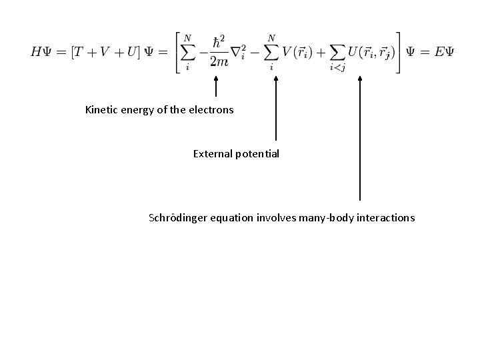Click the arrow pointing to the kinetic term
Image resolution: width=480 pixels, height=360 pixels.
tap(215, 87)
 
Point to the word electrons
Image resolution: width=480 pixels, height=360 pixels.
tap(213, 109)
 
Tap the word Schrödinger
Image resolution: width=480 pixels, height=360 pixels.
tap(179, 218)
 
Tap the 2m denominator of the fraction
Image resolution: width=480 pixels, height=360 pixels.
tap(219, 62)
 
